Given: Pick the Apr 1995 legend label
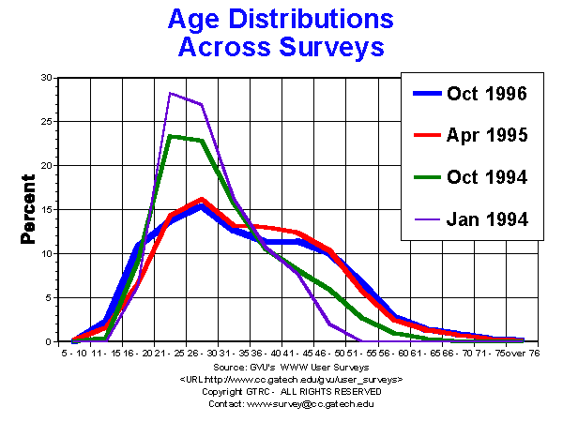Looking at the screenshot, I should tap(485, 135).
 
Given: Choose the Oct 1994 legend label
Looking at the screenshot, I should tap(485, 177).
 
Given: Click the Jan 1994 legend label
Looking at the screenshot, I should tap(485, 219).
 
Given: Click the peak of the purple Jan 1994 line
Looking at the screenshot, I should tap(170, 93).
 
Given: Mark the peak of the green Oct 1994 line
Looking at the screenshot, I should tap(170, 136).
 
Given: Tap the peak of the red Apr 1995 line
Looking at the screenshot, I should tap(202, 199).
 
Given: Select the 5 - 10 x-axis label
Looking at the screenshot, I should tap(72, 354).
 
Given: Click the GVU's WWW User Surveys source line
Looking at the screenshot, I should tap(291, 367).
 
